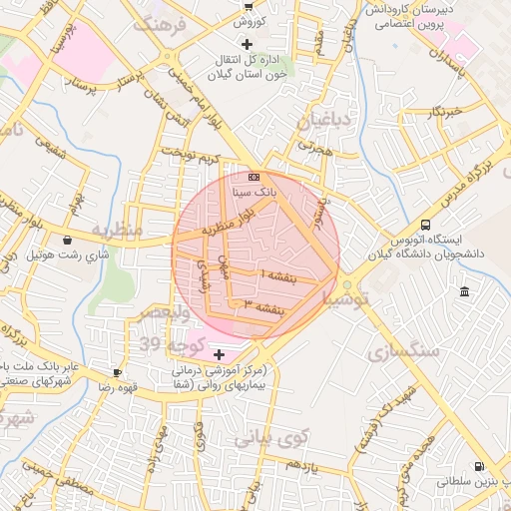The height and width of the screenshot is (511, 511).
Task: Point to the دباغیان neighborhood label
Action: pos(322,121)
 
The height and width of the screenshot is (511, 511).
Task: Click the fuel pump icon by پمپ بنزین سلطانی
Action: pos(479,466)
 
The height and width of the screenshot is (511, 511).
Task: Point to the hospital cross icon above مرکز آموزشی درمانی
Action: pos(219,354)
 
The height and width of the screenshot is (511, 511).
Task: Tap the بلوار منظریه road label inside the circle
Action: pos(230,222)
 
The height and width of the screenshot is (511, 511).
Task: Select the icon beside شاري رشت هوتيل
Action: pos(67,240)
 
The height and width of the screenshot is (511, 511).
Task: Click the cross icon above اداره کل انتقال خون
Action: pos(247,44)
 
